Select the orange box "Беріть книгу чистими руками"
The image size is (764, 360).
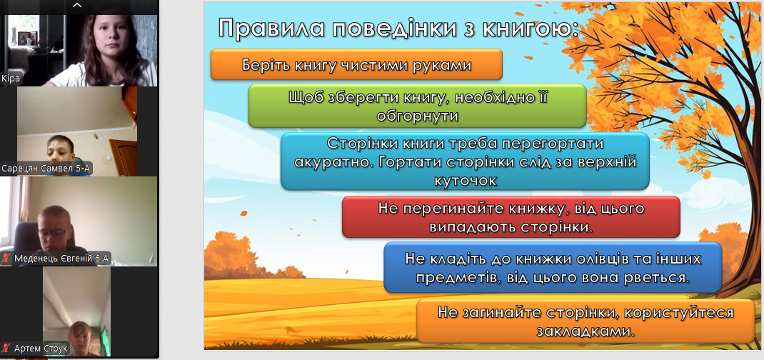click(356, 64)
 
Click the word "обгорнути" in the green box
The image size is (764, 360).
click(416, 116)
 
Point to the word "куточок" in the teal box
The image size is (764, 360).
click(466, 180)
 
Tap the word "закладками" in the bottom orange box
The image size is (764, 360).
click(587, 331)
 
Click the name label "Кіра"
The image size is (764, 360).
click(10, 79)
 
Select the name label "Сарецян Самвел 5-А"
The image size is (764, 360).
click(47, 169)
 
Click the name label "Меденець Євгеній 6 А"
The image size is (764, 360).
click(61, 258)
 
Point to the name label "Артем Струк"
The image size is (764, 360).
click(41, 349)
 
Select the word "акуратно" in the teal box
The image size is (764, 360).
click(330, 162)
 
